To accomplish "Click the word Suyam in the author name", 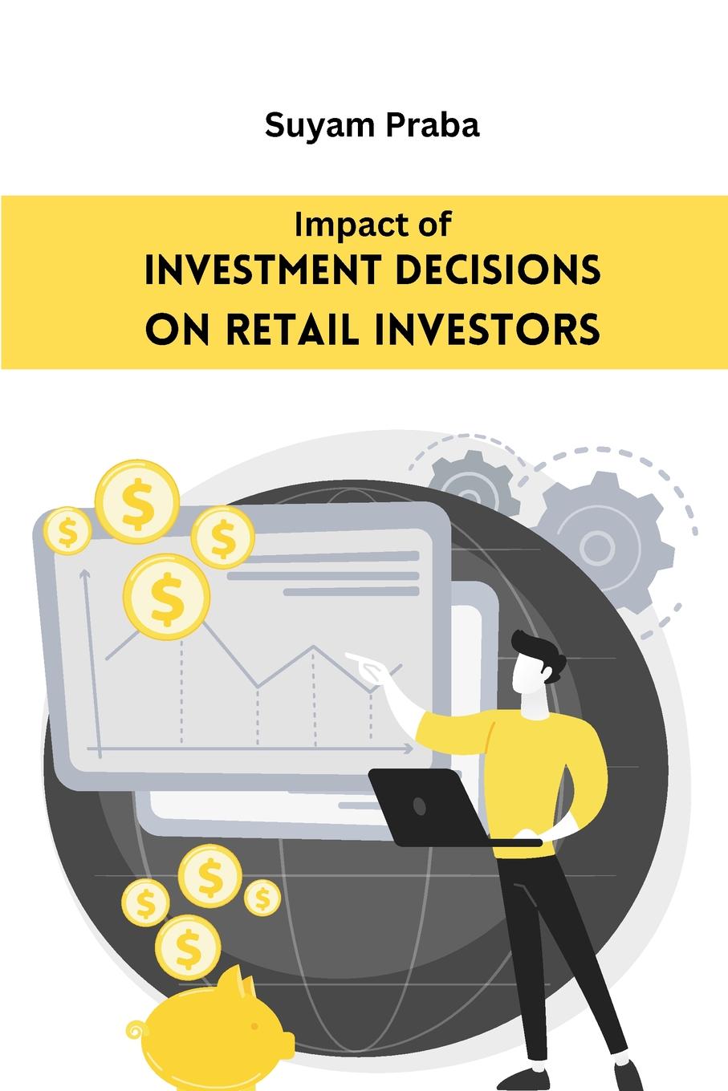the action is click(x=319, y=126).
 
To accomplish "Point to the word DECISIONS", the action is click(x=498, y=270).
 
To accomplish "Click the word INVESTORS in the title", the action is click(x=486, y=329).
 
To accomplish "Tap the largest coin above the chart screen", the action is click(x=137, y=501).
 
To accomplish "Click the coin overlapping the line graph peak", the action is click(x=167, y=596).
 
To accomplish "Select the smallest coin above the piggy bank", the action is click(x=262, y=898).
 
